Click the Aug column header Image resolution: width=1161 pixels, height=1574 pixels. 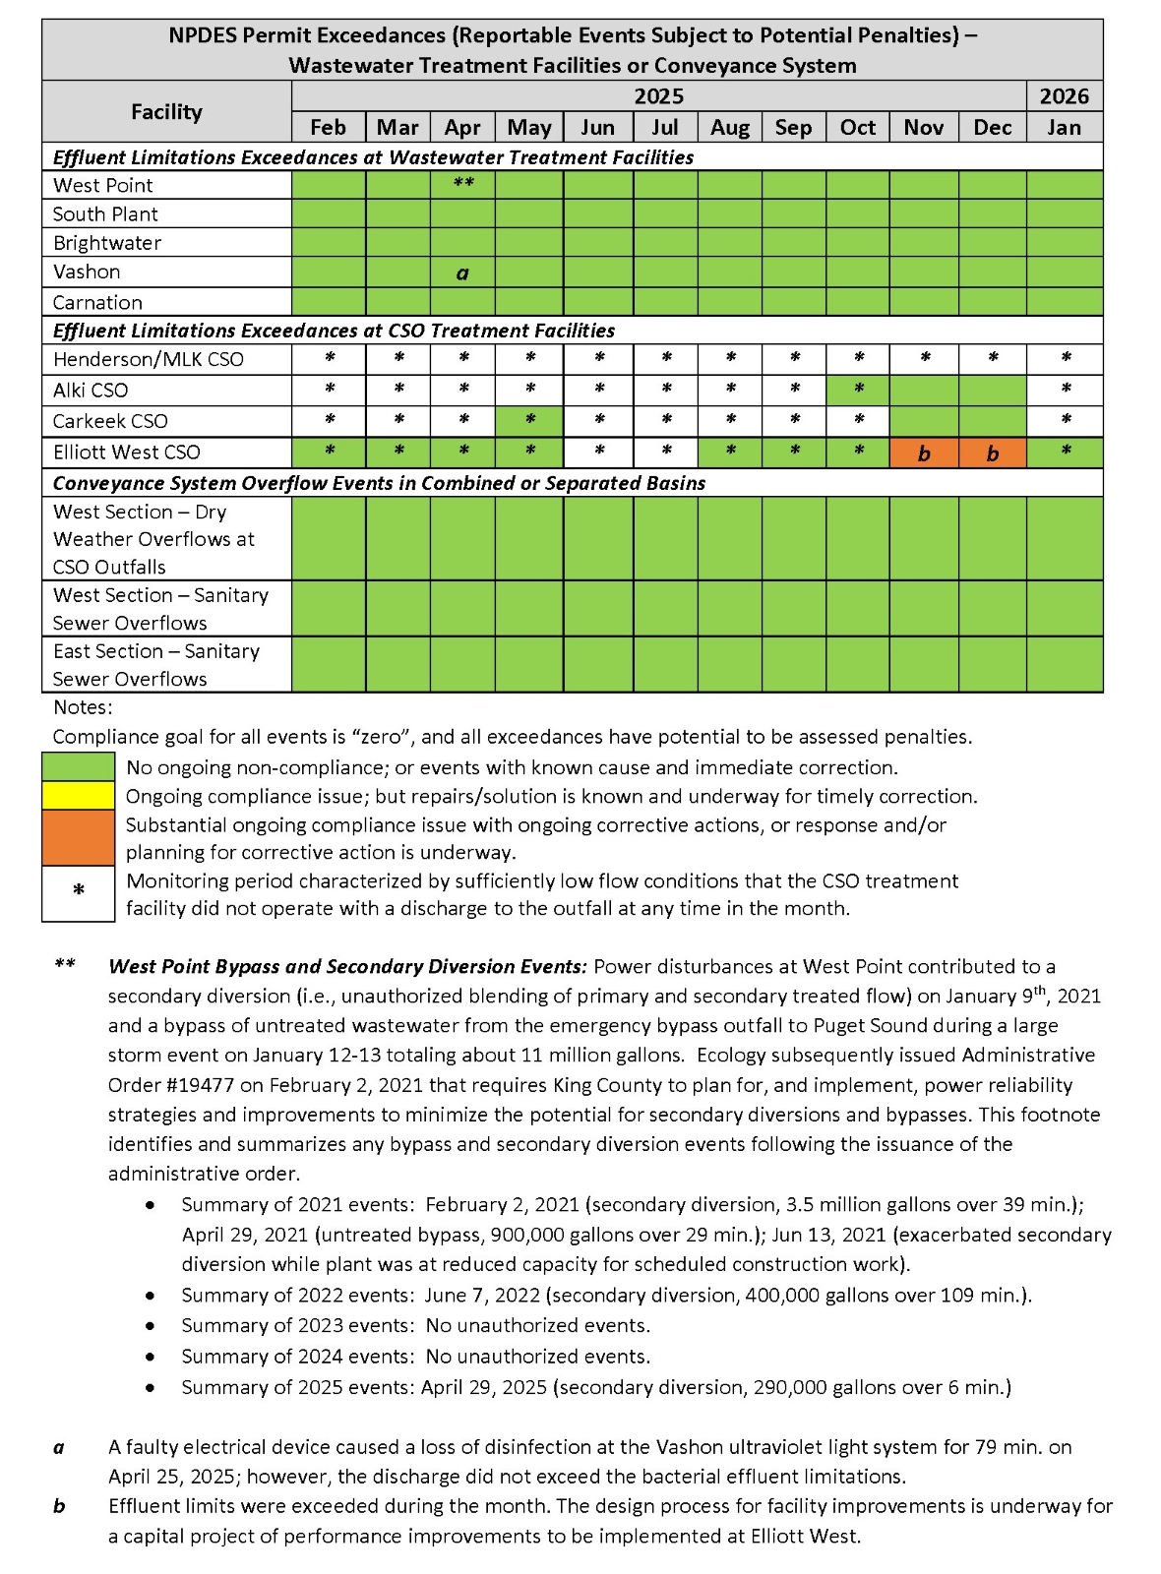coord(729,127)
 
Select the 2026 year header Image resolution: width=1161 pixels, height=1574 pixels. coord(1064,96)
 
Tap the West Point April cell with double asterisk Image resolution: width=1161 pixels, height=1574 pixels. coord(462,185)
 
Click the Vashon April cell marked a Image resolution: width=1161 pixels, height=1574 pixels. coord(462,272)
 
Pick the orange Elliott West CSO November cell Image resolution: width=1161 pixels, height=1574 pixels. coord(923,454)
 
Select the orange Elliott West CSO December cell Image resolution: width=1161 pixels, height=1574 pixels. coord(992,454)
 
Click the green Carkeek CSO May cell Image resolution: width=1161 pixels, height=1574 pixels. coord(529,421)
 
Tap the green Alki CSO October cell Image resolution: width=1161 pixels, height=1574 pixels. coord(858,390)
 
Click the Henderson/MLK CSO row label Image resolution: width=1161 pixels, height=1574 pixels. coord(148,359)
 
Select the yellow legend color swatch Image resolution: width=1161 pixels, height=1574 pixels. coord(78,796)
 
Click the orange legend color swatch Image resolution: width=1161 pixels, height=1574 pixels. coord(78,837)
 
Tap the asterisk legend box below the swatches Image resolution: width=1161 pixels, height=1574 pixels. coord(78,892)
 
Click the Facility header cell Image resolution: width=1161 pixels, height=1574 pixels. coord(166,111)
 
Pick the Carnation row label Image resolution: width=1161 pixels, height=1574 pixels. coord(97,302)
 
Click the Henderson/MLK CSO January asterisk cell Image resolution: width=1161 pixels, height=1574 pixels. coord(1065,359)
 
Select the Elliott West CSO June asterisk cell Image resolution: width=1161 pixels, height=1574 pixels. coord(597,453)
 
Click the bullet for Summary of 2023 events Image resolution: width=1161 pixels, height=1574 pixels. coord(150,1326)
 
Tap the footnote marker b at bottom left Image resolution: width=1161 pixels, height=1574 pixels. coord(59,1506)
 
